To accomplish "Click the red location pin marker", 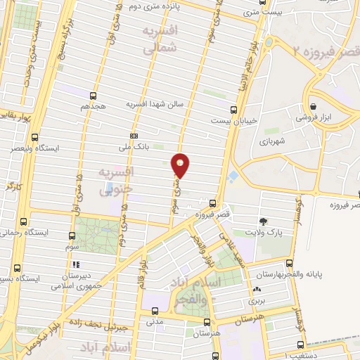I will [181, 165].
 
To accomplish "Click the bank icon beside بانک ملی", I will [134, 136].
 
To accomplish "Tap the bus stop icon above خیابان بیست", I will [233, 108].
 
